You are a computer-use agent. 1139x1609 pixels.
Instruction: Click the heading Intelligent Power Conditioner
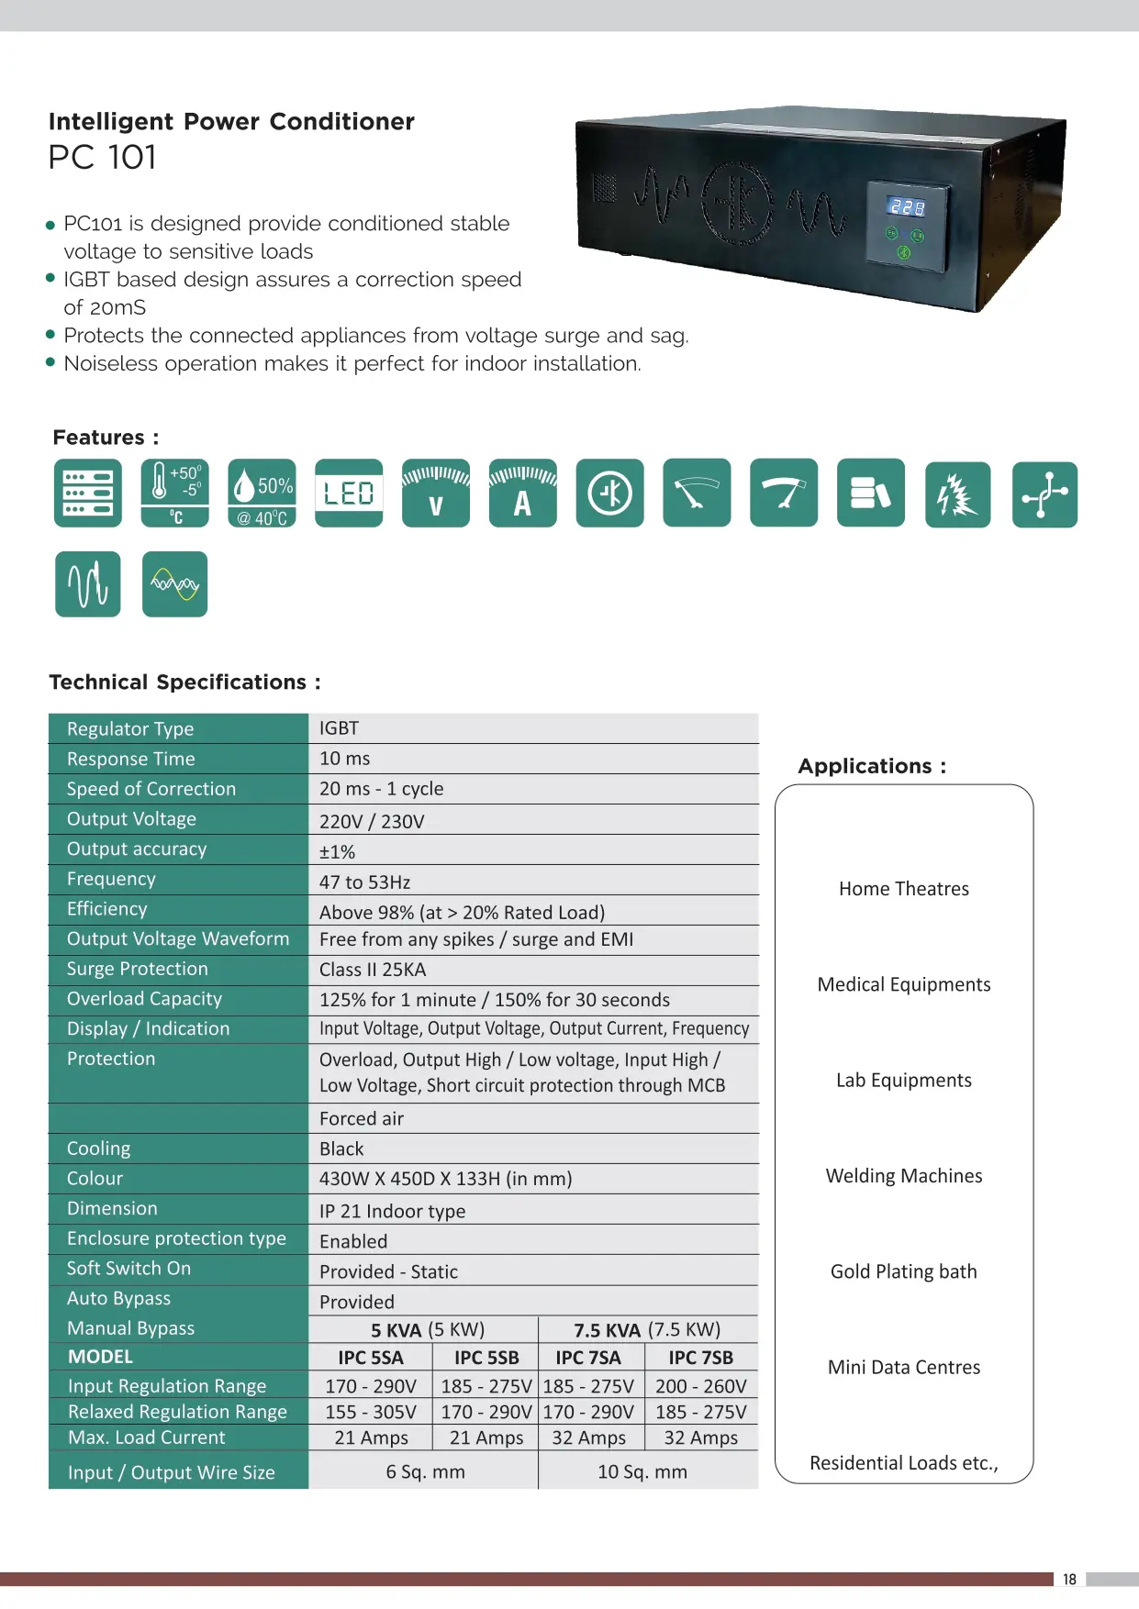coord(231,122)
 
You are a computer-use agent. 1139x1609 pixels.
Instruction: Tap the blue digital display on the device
coord(906,207)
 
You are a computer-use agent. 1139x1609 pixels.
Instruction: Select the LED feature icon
coord(349,494)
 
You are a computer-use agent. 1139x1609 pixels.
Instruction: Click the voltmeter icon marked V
coord(436,494)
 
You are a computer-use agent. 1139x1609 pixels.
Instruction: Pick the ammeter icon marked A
coord(522,494)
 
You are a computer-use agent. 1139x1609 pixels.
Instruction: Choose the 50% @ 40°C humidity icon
coord(262,494)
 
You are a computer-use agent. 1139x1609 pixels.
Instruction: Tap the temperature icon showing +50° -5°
coord(175,494)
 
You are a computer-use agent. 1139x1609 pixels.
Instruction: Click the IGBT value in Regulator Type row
coord(339,728)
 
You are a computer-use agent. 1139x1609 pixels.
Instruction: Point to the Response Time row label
coord(130,759)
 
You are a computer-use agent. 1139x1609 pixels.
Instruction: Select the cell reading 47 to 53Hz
coord(364,882)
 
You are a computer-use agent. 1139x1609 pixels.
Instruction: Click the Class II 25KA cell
coord(373,970)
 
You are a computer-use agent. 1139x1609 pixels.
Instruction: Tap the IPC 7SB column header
coord(700,1358)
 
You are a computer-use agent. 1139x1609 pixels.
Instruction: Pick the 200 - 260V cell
coord(700,1386)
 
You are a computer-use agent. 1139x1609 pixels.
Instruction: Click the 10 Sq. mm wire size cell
coord(642,1471)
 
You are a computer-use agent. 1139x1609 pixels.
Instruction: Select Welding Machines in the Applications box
coord(903,1176)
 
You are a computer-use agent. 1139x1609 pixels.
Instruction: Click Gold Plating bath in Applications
coord(903,1271)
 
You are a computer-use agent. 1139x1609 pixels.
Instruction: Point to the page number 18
coord(1069,1579)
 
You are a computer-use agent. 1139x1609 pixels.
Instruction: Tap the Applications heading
coord(871,766)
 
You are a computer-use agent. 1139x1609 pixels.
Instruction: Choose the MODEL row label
coord(100,1357)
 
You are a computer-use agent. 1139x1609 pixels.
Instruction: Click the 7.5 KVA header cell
coord(646,1329)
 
